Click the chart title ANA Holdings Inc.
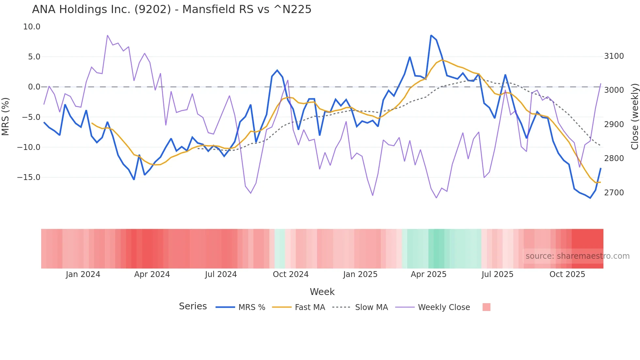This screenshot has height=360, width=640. [171, 9]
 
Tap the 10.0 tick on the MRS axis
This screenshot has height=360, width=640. [32, 27]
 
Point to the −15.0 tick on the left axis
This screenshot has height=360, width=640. [29, 177]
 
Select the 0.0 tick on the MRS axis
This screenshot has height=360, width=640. [34, 87]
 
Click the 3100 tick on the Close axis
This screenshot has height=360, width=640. [614, 56]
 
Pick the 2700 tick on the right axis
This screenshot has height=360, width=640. [614, 193]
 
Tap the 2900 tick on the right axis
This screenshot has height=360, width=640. [614, 124]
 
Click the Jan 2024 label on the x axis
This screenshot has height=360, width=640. [83, 274]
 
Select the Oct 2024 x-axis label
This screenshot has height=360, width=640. [291, 274]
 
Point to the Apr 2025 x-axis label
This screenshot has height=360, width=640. [428, 274]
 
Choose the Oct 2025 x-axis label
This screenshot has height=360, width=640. [567, 274]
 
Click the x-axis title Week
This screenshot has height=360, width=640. [322, 292]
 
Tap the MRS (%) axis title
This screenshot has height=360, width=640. [6, 117]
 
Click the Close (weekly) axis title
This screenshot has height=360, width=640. [634, 117]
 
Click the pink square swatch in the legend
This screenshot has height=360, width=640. [486, 307]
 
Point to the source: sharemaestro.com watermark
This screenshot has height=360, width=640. [577, 256]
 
